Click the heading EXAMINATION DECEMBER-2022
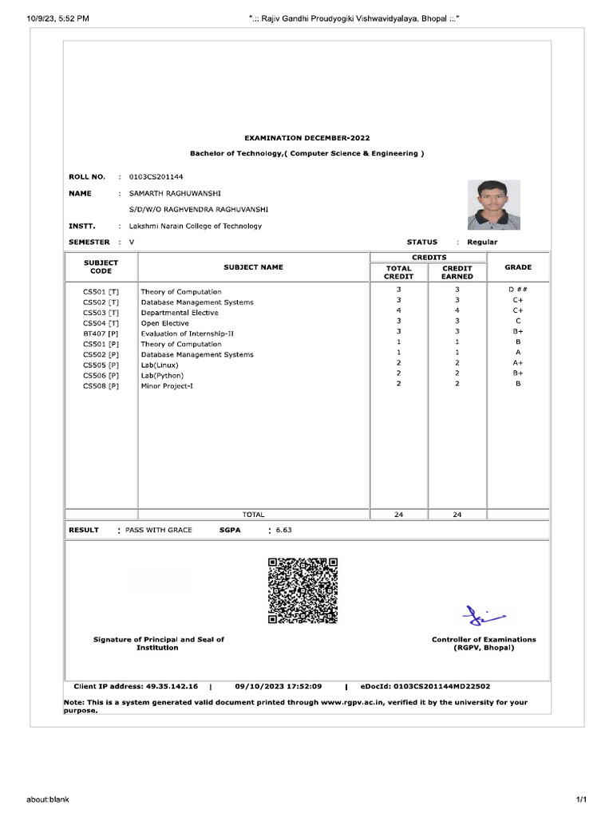tap(306, 138)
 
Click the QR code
tap(303, 590)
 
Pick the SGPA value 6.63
tap(284, 530)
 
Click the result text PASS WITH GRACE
tap(159, 530)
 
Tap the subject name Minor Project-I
tap(167, 386)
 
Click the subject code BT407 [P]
tap(101, 334)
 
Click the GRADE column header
tap(517, 267)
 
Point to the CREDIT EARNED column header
tap(457, 272)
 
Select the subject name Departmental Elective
tap(180, 313)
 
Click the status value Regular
tap(482, 242)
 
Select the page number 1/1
tap(581, 799)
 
